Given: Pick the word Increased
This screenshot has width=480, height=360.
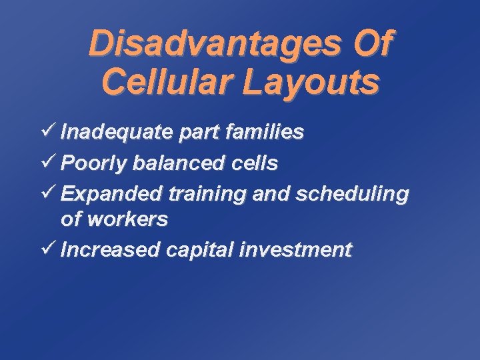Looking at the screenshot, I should (109, 250).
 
